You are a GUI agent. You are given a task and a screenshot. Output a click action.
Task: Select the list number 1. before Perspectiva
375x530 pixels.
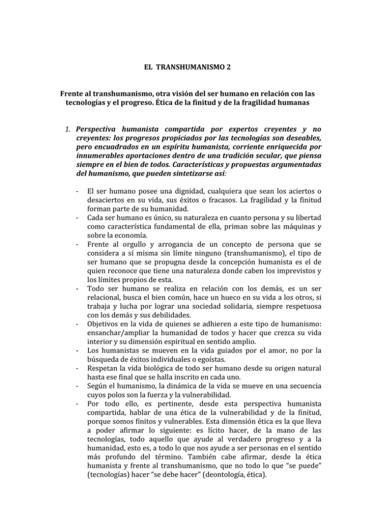tap(68, 130)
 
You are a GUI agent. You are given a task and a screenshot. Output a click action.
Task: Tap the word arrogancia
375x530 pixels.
tap(158, 244)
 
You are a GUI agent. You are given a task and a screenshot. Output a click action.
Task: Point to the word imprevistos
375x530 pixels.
tap(289, 271)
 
